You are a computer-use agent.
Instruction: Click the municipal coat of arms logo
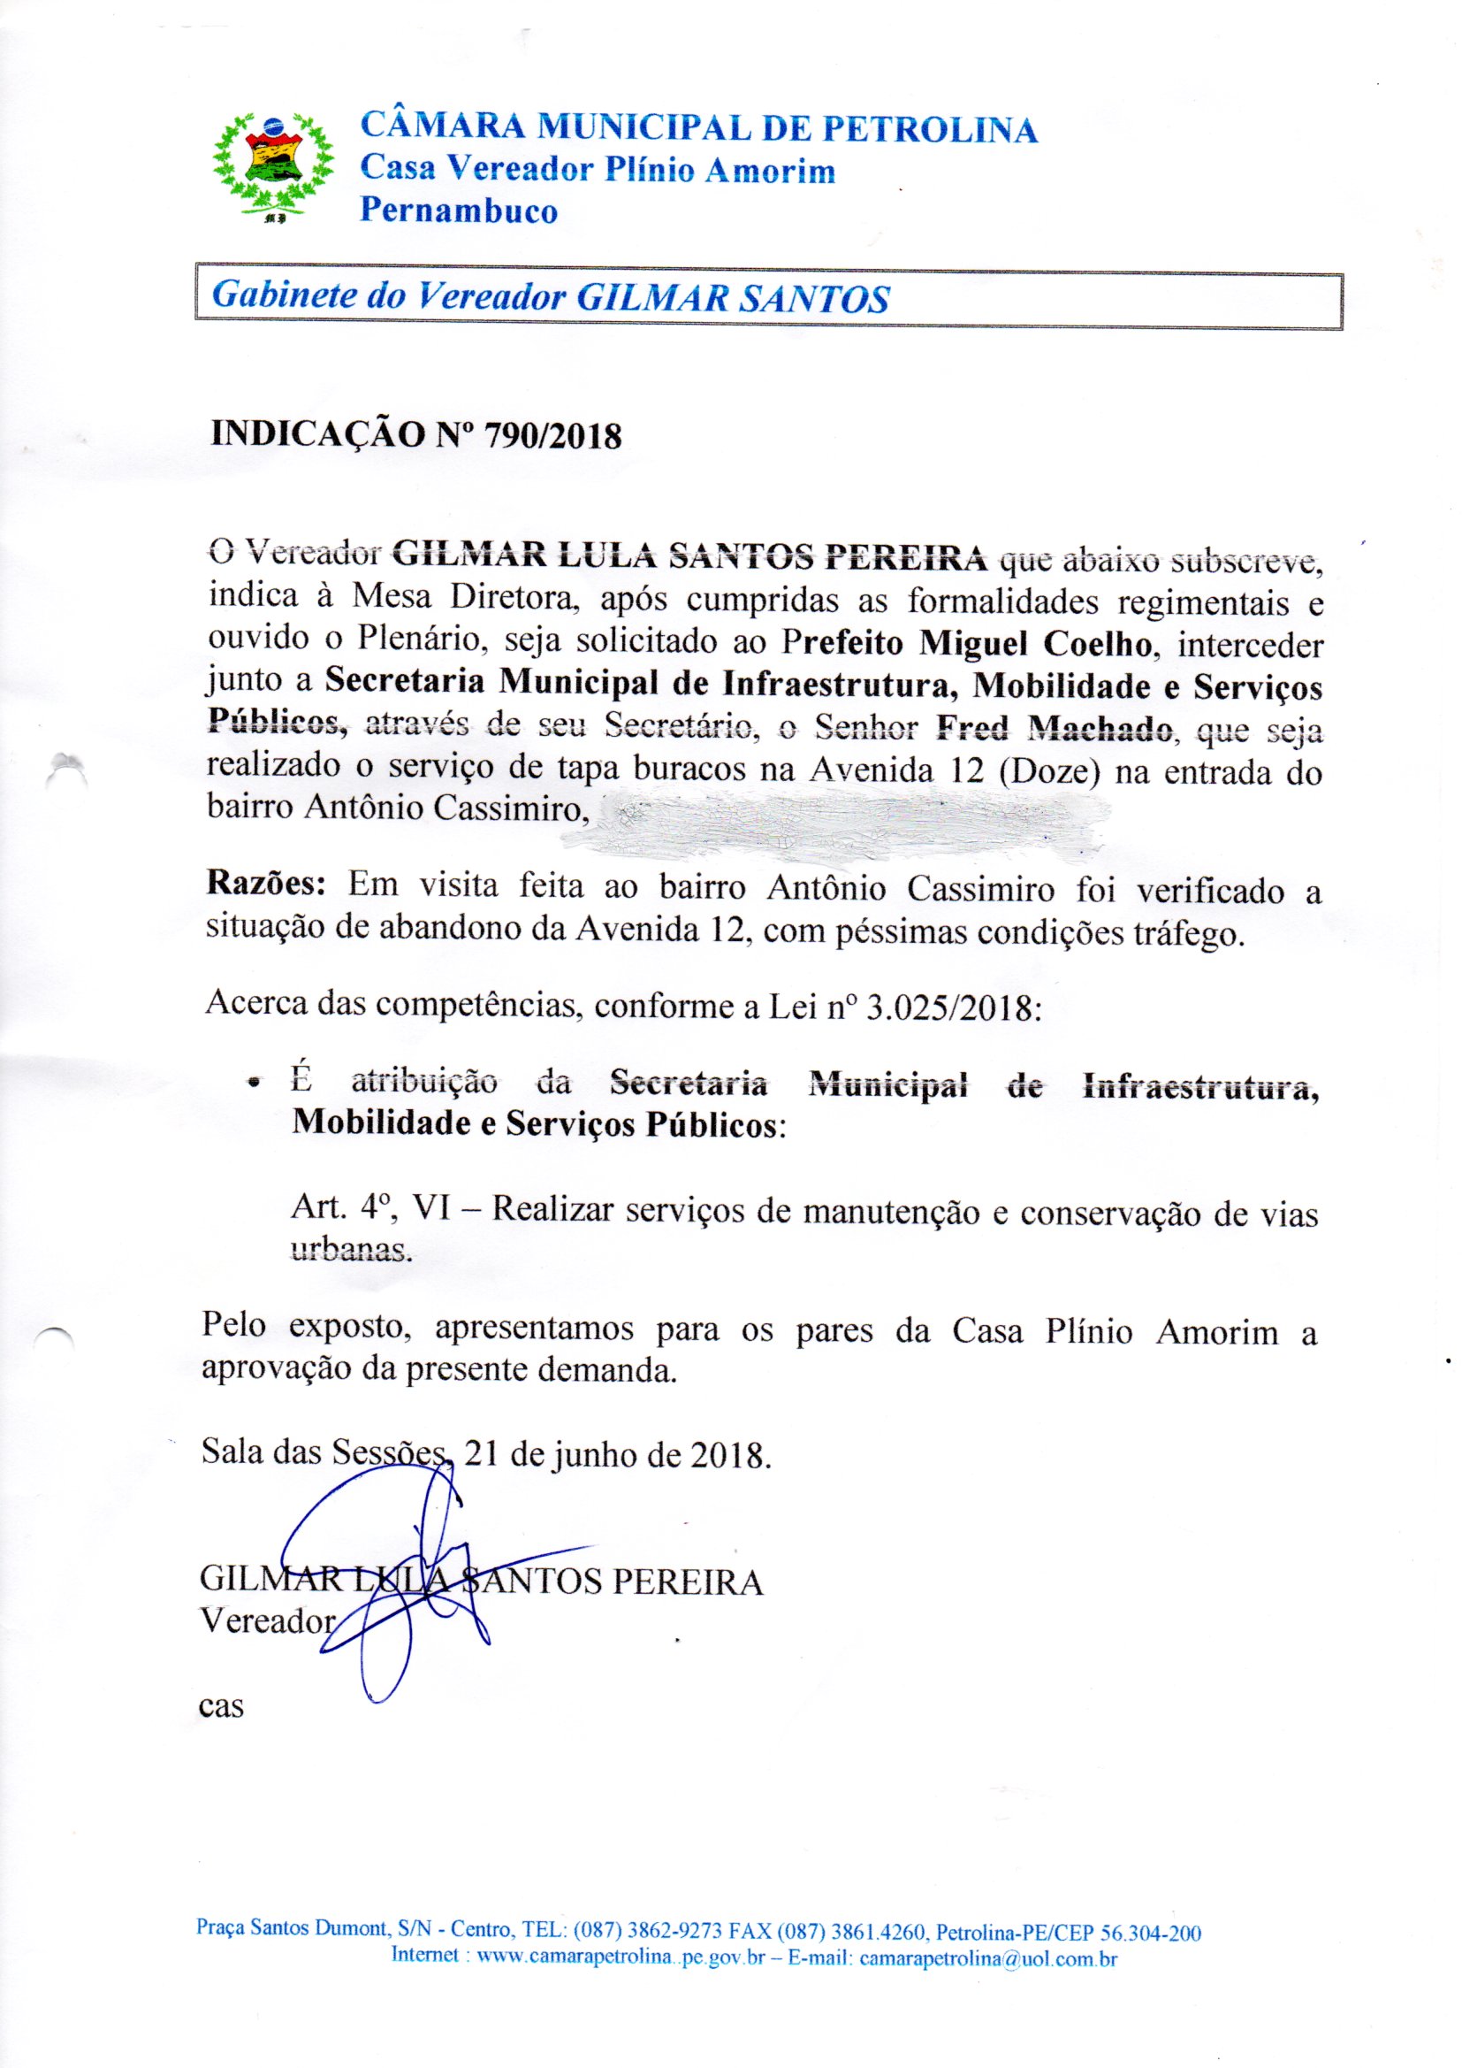click(272, 165)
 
